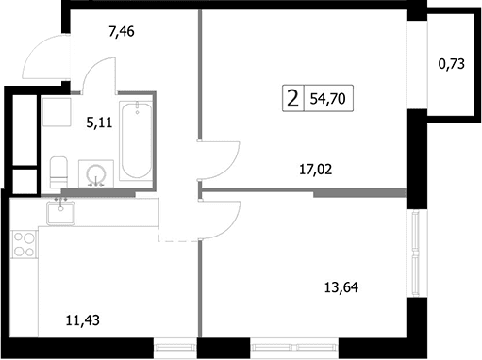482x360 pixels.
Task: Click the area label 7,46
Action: [122, 32]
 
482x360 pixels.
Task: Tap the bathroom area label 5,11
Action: [99, 123]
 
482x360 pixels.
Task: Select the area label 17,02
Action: [316, 170]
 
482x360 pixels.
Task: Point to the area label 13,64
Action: [341, 287]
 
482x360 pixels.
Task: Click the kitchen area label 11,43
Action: [83, 320]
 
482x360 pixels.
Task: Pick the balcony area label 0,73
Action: [452, 64]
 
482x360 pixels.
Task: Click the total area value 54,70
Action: [328, 99]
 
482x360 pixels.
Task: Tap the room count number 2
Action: [292, 98]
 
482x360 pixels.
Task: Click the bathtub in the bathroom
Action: [137, 140]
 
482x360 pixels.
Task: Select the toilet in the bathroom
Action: [58, 172]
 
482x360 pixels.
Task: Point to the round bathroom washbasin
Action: [96, 173]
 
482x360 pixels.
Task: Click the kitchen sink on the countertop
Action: [61, 213]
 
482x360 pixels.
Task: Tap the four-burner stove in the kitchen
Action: [24, 244]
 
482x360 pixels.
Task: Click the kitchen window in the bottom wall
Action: [175, 348]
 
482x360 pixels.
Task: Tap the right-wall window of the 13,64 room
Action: [417, 253]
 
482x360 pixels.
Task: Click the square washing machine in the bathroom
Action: [57, 112]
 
